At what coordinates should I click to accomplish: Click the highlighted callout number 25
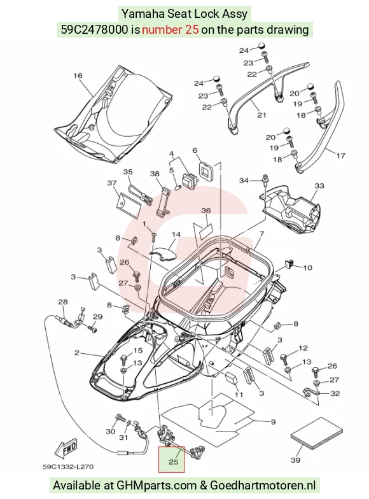173,461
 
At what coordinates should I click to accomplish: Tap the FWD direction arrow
66,448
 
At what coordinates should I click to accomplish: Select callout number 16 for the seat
78,75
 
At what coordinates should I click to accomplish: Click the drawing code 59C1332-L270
68,467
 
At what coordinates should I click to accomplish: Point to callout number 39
295,460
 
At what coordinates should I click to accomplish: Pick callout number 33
319,185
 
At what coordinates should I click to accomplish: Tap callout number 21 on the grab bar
261,115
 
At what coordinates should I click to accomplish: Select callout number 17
340,156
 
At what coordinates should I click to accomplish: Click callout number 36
206,211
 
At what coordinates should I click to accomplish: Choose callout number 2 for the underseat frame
76,353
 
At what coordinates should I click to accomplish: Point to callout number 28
63,302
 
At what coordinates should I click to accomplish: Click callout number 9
273,422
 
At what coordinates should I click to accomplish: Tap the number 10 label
307,267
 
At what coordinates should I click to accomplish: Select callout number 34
244,181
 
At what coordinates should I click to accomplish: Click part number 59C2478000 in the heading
94,29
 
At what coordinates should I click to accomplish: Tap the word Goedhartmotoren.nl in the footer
263,485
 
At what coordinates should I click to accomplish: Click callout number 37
112,183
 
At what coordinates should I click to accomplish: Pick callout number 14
176,234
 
